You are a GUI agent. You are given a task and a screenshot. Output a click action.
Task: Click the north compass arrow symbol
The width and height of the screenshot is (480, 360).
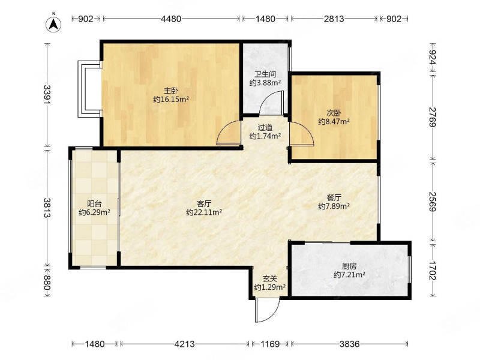click(x=53, y=23)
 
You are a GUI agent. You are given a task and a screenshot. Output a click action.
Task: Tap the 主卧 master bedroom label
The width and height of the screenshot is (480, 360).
click(x=171, y=91)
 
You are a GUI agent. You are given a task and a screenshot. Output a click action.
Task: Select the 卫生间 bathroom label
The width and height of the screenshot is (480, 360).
click(x=265, y=74)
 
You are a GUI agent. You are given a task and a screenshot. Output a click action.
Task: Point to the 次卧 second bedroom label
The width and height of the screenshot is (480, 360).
click(x=334, y=113)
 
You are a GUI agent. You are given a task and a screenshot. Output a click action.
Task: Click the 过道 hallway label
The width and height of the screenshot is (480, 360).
click(x=265, y=127)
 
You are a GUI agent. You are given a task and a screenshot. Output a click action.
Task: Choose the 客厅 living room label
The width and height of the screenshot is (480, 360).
click(x=204, y=203)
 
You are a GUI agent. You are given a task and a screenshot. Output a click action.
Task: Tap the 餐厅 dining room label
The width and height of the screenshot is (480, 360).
click(x=334, y=197)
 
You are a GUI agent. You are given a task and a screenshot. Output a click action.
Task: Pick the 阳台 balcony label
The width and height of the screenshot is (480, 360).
click(x=94, y=203)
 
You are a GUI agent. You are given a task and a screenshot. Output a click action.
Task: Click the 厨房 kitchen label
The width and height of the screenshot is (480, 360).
click(x=349, y=266)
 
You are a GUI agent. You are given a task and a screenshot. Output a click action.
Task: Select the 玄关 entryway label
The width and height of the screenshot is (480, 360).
click(x=269, y=278)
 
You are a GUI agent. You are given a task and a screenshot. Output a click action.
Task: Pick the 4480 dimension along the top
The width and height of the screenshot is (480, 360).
click(x=171, y=19)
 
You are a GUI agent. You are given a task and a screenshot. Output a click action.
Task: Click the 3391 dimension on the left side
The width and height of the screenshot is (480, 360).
click(x=47, y=95)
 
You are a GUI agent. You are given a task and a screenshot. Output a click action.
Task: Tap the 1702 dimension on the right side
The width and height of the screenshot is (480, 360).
click(x=433, y=271)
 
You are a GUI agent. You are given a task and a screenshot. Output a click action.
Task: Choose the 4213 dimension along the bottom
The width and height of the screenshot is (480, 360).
click(x=184, y=344)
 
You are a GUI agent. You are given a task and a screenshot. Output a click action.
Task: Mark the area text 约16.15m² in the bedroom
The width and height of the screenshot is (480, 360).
click(x=171, y=100)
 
